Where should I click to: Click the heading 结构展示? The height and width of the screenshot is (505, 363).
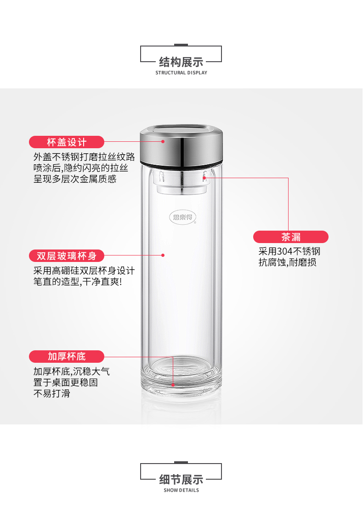point(181,62)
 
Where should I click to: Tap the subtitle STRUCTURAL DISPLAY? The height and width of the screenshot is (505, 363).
point(181,73)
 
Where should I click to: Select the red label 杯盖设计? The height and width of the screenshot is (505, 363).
point(67,142)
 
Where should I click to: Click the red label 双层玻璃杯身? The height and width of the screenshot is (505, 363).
point(67,255)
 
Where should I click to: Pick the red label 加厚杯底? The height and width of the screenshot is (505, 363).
point(67,356)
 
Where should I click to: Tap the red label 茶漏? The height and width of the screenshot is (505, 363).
point(291,237)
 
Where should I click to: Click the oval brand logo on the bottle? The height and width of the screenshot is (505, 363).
point(182,217)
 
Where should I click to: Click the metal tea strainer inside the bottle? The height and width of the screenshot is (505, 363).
point(181,182)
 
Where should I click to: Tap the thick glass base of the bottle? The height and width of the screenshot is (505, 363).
point(181,374)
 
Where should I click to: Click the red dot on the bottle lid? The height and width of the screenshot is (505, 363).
point(163,141)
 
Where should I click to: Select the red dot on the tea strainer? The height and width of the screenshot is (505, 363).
point(204,177)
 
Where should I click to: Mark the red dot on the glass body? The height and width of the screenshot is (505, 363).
point(163,255)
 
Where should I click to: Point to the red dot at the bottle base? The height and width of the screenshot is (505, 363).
point(173,384)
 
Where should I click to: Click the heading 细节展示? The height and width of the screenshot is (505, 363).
point(181,480)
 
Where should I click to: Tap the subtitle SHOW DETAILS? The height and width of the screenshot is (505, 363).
point(181,490)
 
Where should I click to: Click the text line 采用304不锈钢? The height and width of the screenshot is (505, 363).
point(289,251)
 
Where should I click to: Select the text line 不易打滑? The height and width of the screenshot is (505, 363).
point(52,394)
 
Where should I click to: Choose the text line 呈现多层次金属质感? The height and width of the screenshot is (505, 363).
point(75,179)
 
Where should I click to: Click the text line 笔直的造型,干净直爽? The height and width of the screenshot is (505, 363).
point(78,282)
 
